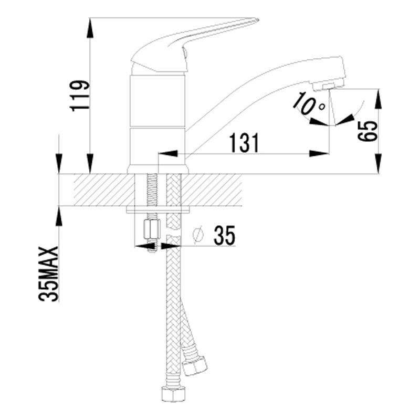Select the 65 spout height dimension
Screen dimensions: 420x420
click(367, 130)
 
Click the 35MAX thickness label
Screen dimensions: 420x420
click(50, 274)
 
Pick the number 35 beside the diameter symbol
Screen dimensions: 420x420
click(224, 235)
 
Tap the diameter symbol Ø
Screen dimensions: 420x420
click(197, 236)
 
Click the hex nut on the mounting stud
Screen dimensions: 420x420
click(152, 228)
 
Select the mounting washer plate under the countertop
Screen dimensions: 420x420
click(158, 209)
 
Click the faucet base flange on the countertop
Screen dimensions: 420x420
click(158, 170)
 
